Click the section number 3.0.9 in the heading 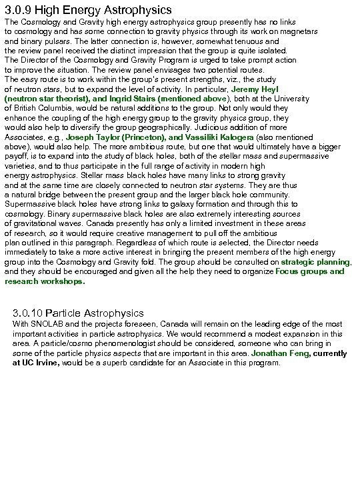point(17,10)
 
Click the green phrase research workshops point(45,281)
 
